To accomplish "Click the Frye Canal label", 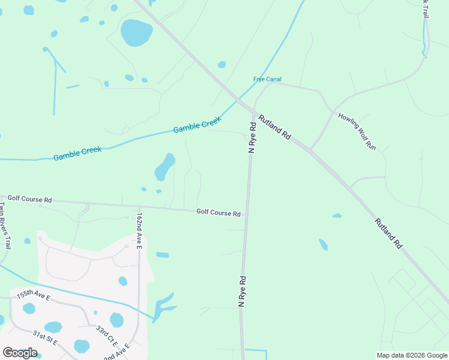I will tap(267, 79).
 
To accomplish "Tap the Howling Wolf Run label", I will tap(357, 131).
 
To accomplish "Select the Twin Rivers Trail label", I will tap(5, 226).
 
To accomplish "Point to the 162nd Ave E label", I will tap(139, 230).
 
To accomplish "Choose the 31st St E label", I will tap(45, 337).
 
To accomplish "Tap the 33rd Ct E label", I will tap(107, 337).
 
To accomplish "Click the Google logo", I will tap(20, 353).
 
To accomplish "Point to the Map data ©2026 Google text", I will tap(412, 355).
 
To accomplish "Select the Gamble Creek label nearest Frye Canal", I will tap(197, 125).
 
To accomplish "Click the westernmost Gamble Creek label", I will tap(77, 153).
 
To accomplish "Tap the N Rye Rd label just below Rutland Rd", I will tap(253, 137).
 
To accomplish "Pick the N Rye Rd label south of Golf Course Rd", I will tap(243, 292).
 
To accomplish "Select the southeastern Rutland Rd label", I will tap(388, 233).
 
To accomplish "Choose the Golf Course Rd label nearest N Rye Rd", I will tap(218, 213).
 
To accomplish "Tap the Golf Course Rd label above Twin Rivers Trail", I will tap(29, 199).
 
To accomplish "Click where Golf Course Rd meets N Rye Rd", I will tap(246, 212).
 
